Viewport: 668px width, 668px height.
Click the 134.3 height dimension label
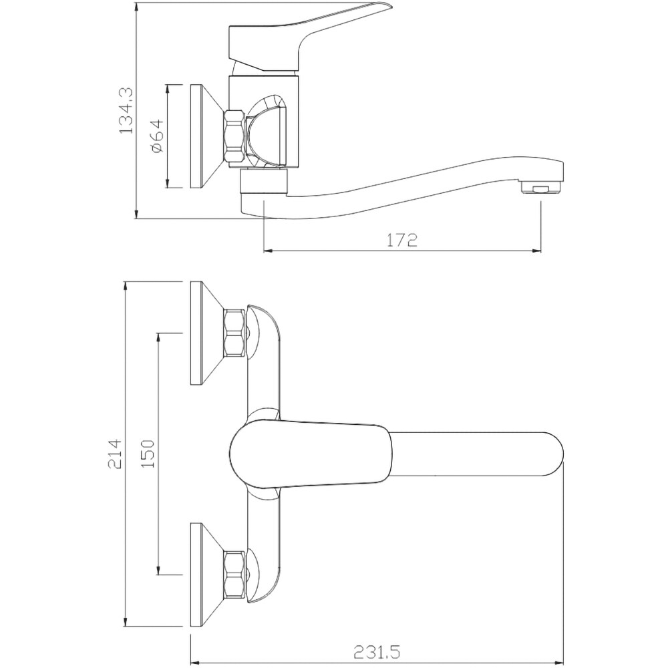[x=126, y=110]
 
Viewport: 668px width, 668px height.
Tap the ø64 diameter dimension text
[x=156, y=136]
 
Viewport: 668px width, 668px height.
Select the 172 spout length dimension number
[x=401, y=240]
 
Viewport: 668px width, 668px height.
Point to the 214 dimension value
[x=115, y=454]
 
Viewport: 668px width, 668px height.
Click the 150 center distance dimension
[x=148, y=454]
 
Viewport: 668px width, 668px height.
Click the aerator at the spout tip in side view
[x=542, y=188]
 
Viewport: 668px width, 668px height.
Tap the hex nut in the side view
[x=234, y=136]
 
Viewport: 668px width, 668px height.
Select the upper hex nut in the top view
[x=234, y=332]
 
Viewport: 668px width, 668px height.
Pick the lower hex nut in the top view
[x=234, y=574]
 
